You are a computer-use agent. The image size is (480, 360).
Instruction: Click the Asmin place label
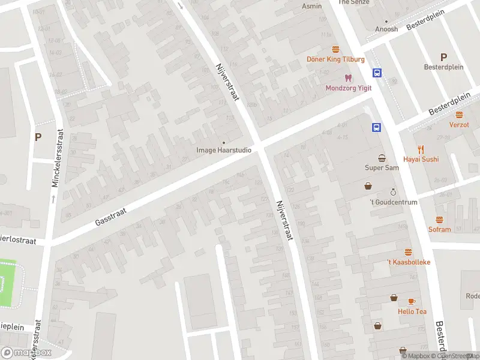(311, 6)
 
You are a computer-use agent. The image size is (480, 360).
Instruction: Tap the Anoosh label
(386, 29)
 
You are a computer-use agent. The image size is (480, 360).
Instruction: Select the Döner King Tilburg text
(335, 59)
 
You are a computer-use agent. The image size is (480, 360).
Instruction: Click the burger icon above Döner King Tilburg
(335, 49)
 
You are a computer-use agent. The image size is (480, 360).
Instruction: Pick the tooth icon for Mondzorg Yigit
(347, 77)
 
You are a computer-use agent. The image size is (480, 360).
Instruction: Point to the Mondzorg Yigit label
(348, 88)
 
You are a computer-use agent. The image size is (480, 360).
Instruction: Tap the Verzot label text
(459, 125)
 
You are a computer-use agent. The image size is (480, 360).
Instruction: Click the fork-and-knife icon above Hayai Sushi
(421, 149)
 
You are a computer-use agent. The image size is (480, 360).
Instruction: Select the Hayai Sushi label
(421, 159)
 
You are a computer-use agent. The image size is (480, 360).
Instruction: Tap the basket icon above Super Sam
(382, 158)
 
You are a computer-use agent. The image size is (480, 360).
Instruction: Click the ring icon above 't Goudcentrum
(393, 192)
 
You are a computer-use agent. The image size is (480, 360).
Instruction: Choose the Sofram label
(439, 229)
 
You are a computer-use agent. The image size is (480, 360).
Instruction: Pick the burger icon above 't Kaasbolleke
(409, 252)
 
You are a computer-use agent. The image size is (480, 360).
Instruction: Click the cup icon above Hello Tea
(412, 301)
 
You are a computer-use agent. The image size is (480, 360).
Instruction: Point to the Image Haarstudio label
(224, 150)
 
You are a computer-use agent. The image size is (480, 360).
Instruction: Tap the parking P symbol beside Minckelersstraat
(38, 137)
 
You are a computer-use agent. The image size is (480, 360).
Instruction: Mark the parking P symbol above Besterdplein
(443, 58)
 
